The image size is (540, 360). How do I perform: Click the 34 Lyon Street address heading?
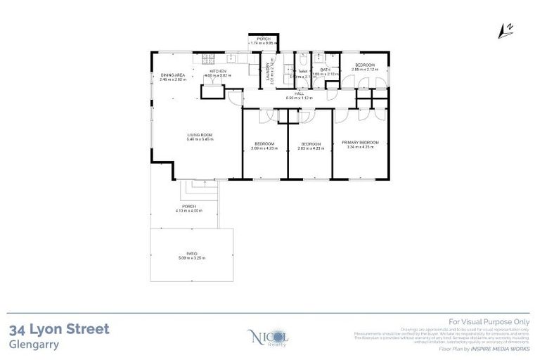click(60, 329)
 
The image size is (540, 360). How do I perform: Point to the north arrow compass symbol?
click(504, 29)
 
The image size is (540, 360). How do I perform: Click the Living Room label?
click(200, 135)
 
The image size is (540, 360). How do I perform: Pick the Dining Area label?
click(172, 75)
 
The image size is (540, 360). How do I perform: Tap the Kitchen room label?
click(217, 70)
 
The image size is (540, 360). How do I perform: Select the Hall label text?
click(299, 93)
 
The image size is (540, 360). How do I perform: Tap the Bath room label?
click(325, 70)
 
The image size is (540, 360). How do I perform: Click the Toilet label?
click(303, 70)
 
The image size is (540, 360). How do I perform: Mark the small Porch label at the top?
click(264, 39)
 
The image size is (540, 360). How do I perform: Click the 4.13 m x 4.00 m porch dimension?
click(189, 210)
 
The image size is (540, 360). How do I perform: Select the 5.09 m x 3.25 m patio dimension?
click(191, 257)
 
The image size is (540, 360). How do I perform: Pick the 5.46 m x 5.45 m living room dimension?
click(200, 140)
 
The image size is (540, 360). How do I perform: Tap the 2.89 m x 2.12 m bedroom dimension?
click(365, 70)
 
